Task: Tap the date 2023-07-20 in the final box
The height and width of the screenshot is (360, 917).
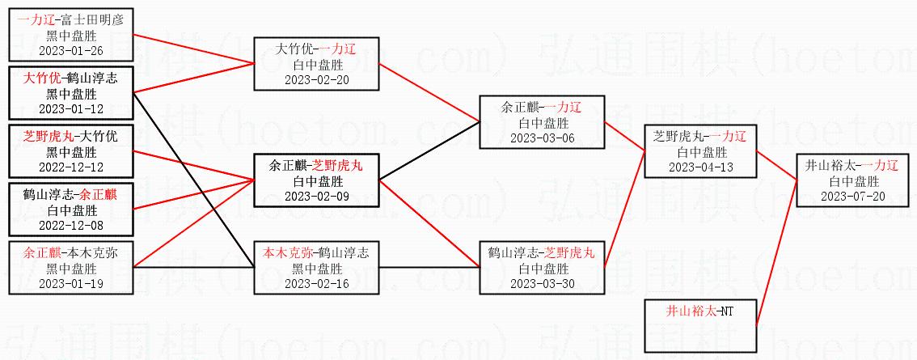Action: [x=851, y=196]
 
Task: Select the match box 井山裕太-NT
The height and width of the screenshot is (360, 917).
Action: [x=699, y=324]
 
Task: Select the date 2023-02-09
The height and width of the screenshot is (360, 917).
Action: [x=315, y=196]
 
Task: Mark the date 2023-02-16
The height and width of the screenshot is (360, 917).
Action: [x=315, y=283]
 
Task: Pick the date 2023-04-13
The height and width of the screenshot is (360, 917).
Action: [x=699, y=167]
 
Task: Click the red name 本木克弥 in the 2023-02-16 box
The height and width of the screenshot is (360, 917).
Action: [x=287, y=252]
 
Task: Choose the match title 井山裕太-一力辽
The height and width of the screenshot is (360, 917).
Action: [x=851, y=165]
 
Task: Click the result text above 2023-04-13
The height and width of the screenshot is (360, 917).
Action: [x=699, y=151]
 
